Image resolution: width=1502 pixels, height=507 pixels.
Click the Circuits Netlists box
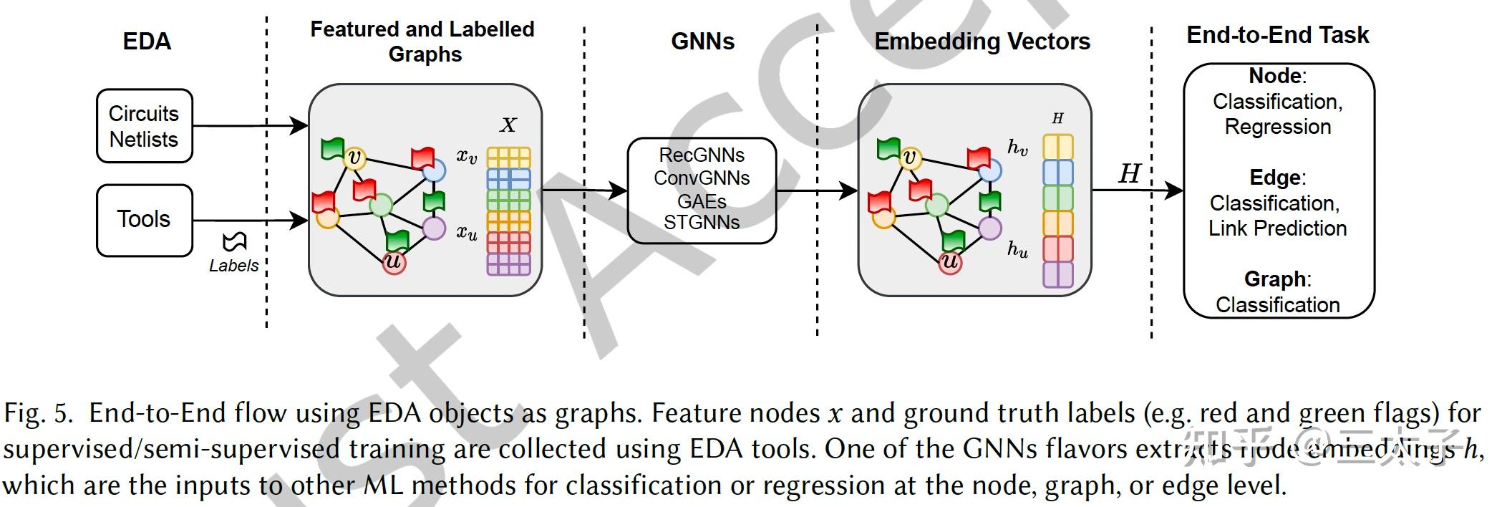pos(144,126)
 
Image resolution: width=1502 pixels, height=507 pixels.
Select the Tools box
pos(144,220)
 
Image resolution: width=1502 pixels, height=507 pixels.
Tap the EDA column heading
pos(147,42)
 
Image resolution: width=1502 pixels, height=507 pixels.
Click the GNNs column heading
pos(702,42)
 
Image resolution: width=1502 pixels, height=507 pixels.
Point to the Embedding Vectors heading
pos(982,42)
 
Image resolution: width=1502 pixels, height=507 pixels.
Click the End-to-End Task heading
pos(1277,35)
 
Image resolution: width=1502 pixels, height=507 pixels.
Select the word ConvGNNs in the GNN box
pos(702,178)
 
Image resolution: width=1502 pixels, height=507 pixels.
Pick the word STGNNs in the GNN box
pos(702,223)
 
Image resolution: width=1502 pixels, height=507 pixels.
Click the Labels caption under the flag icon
pos(233,266)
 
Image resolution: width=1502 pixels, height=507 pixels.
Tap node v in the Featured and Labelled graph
pos(354,158)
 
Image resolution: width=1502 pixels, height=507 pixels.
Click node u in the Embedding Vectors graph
pos(950,262)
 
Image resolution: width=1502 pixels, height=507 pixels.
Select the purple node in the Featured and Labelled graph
pos(434,228)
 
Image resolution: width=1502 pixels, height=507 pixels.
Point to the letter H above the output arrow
pos(1129,174)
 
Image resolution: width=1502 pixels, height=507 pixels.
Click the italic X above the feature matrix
pos(508,125)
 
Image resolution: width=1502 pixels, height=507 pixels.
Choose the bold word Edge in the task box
pos(1275,178)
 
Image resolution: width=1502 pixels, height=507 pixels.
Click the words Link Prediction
pos(1277,228)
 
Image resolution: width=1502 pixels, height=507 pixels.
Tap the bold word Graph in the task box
pos(1275,279)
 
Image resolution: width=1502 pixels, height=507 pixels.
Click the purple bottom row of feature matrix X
pos(508,264)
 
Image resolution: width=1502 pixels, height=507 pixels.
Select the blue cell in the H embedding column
pos(1057,173)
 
